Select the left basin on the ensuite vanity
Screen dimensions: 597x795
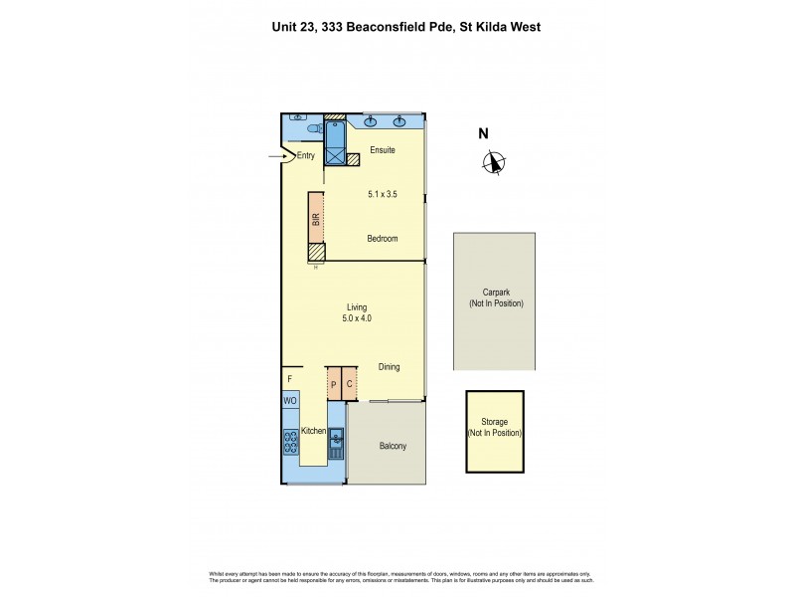point(371,122)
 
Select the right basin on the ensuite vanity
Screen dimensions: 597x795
point(399,122)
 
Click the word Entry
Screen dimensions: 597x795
point(305,155)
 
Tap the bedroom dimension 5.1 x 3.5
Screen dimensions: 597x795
point(383,194)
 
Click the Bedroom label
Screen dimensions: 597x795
point(382,239)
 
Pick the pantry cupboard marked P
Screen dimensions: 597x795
point(334,383)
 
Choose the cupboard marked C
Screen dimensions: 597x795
point(350,383)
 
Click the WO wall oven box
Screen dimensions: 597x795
point(290,400)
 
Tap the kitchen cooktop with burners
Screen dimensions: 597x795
point(291,440)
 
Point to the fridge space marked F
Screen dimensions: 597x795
point(290,379)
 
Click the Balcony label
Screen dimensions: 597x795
point(393,446)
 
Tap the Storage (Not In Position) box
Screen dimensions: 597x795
point(495,431)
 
